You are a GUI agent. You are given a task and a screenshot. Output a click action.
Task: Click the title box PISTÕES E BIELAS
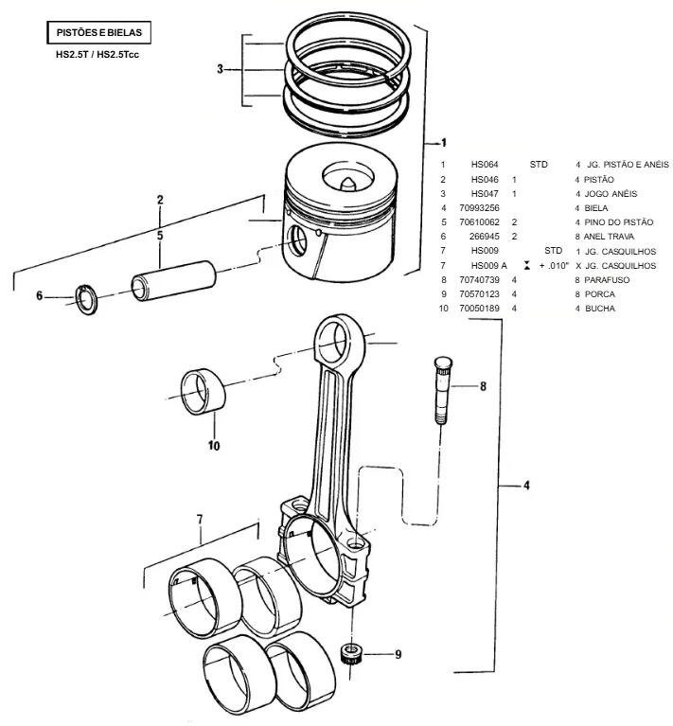98,32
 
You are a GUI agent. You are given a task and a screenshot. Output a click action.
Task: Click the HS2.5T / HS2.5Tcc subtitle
98,55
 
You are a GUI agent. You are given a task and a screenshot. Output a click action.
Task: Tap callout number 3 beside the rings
220,69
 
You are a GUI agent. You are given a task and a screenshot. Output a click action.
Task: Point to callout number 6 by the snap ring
40,296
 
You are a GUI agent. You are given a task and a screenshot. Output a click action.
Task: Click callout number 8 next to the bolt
482,386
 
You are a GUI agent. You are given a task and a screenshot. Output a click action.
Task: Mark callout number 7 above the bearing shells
200,519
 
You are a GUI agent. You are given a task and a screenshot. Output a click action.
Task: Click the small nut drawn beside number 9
353,651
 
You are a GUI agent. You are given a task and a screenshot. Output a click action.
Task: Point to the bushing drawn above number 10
204,390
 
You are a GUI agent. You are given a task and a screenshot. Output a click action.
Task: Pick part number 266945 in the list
483,236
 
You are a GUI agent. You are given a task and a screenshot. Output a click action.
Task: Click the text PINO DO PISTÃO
619,221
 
